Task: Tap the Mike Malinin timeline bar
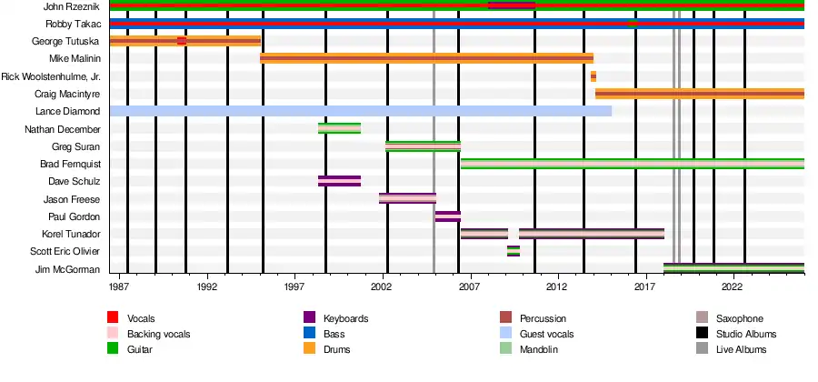426,58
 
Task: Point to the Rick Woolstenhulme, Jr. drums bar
594,76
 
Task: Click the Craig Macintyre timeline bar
699,94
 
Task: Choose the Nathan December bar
339,128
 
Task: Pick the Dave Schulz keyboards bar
339,181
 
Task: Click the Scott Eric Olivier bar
514,251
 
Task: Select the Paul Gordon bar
448,216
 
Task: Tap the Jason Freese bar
407,198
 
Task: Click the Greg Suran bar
423,146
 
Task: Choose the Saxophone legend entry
738,318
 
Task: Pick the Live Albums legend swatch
701,349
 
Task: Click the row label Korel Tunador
73,234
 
